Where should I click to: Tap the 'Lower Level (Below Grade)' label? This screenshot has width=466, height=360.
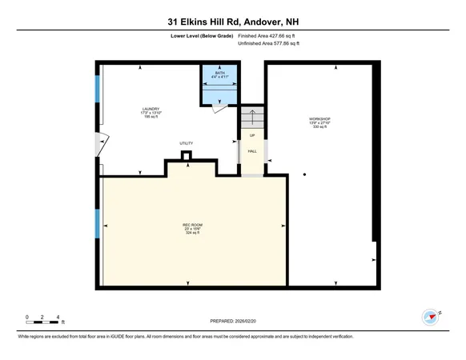(203, 35)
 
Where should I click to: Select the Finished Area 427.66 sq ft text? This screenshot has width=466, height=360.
(271, 35)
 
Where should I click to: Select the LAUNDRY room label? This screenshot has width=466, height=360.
(151, 112)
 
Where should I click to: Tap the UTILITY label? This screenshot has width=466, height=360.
(186, 143)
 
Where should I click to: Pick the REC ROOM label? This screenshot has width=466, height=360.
(191, 227)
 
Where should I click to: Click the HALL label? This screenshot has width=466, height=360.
(251, 151)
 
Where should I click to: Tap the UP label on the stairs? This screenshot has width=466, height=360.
(251, 135)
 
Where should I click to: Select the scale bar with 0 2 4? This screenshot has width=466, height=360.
(43, 321)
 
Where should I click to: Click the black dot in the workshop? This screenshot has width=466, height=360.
(304, 174)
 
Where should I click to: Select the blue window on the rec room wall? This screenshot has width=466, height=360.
(98, 224)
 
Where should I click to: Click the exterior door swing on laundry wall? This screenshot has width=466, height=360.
(100, 143)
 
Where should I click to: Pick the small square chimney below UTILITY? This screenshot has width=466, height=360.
(186, 155)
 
